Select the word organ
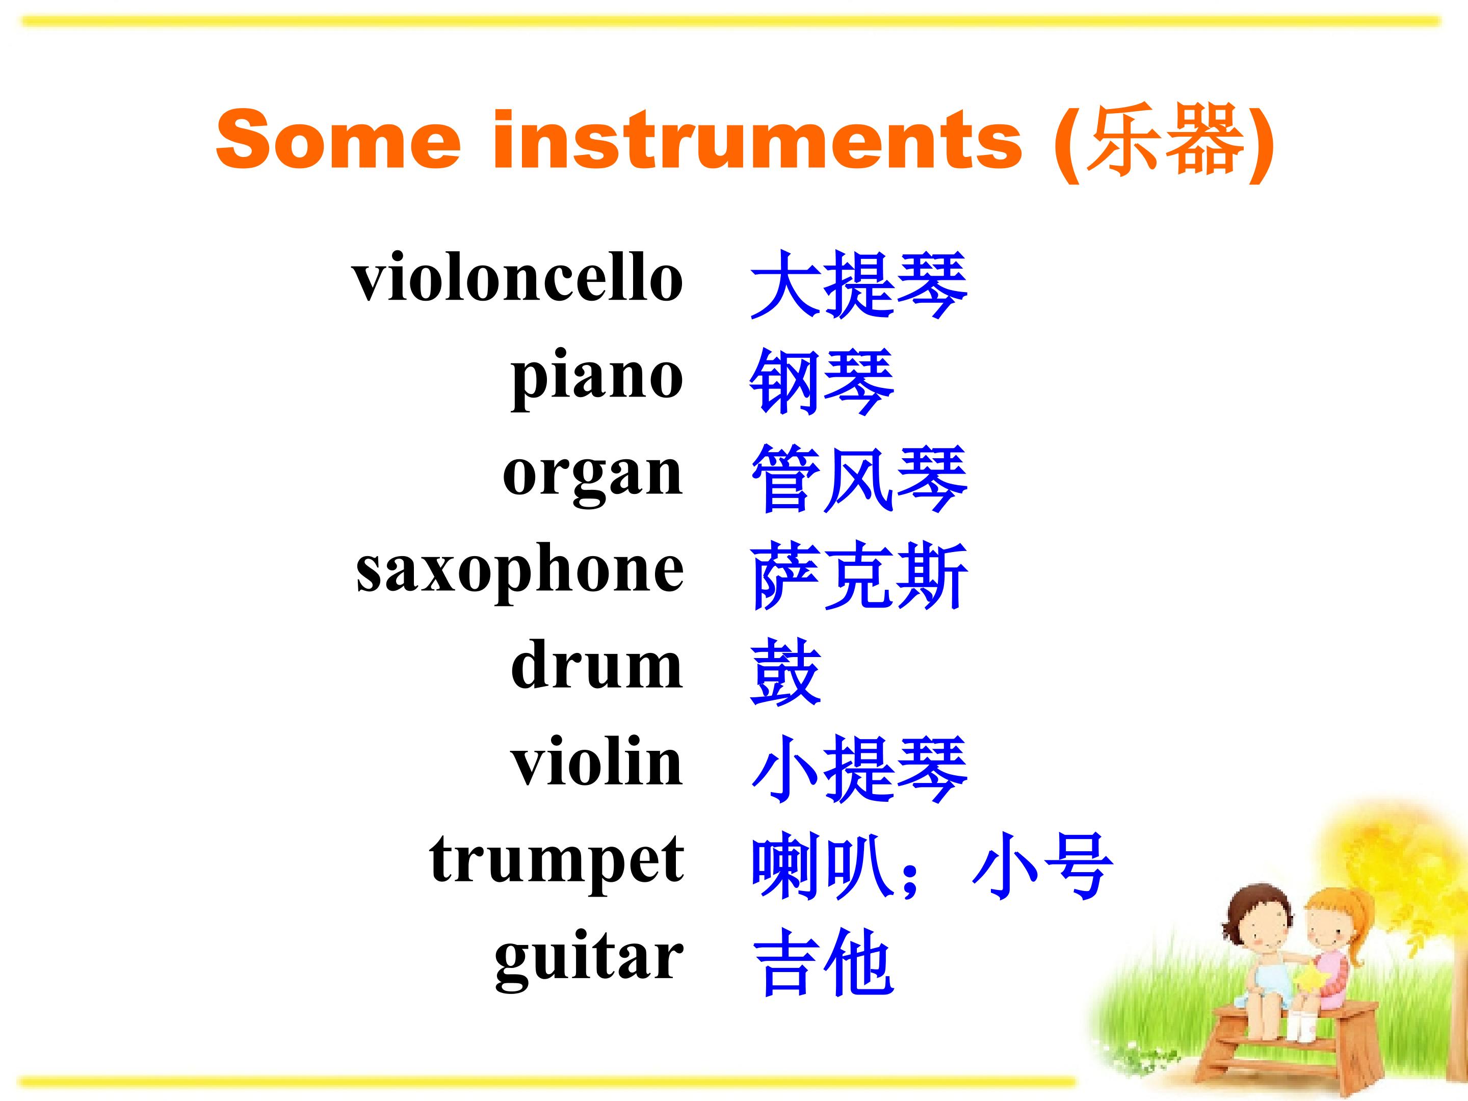tap(593, 477)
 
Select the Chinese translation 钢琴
tap(822, 382)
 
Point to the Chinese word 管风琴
tap(859, 479)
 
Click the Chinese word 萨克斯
tap(859, 576)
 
